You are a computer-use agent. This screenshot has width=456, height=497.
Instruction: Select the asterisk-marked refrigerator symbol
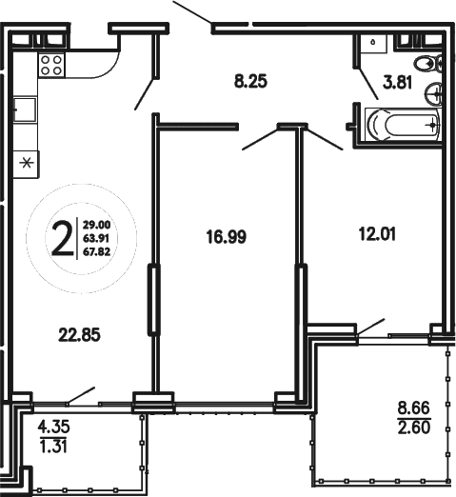(x=26, y=161)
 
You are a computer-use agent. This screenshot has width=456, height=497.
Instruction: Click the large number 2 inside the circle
(x=63, y=239)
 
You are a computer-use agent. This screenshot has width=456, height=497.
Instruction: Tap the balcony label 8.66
(x=416, y=411)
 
